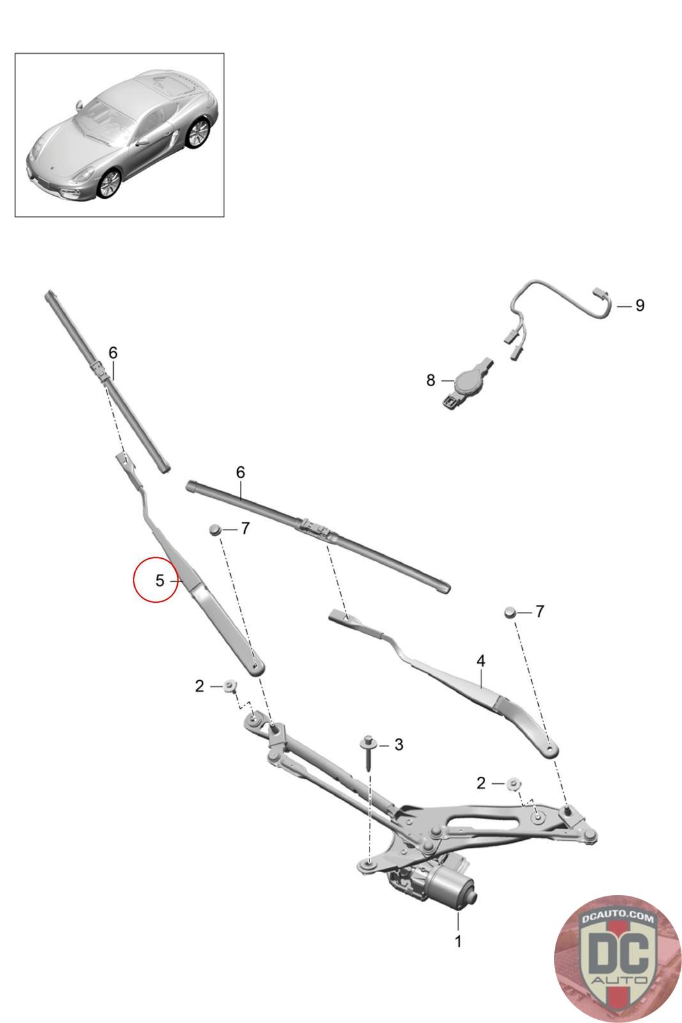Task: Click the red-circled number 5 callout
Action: pos(159,581)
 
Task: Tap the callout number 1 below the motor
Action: pos(458,941)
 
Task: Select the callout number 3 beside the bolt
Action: pos(399,744)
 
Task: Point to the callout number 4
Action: pos(481,660)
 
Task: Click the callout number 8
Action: pos(431,380)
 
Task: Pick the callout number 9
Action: pos(639,306)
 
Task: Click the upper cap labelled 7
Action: pos(215,529)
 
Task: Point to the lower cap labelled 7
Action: pos(510,611)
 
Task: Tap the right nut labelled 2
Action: pos(512,783)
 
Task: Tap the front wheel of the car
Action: pos(109,183)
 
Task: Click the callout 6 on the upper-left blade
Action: pos(113,352)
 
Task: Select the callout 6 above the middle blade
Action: pos(240,472)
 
